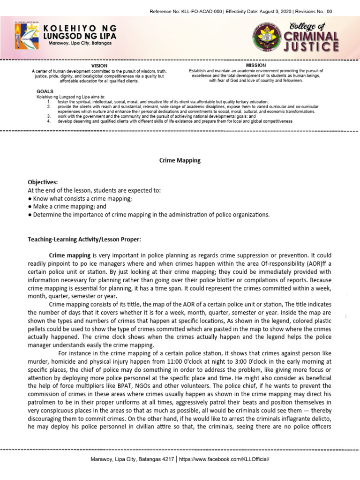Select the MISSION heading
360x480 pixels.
click(x=256, y=65)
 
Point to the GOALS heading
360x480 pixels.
click(x=45, y=91)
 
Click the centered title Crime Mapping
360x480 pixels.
click(x=180, y=160)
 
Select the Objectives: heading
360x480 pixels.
click(x=43, y=182)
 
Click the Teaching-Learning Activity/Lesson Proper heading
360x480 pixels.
click(x=84, y=240)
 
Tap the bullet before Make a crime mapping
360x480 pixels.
click(x=30, y=206)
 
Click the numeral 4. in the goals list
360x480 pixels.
click(x=49, y=121)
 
